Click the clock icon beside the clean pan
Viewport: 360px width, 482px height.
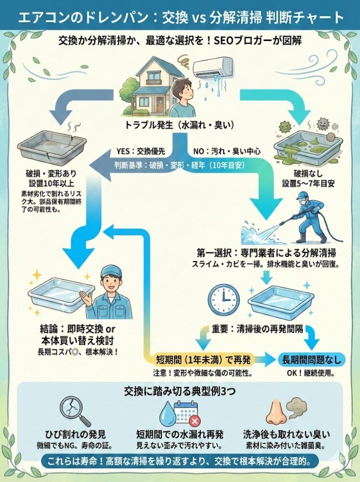[x=224, y=299]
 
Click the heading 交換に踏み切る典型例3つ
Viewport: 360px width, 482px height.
[x=179, y=389]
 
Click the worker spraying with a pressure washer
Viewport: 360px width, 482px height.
[x=307, y=217]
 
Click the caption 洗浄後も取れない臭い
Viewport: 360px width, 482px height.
[x=286, y=433]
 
